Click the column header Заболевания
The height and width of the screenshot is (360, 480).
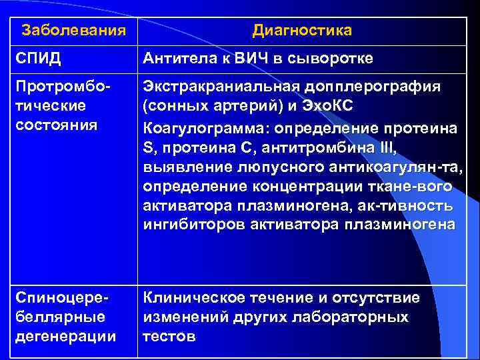click(x=73, y=31)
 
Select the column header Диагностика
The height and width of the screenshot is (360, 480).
click(x=302, y=31)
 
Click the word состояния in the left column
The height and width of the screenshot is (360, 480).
click(x=51, y=125)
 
